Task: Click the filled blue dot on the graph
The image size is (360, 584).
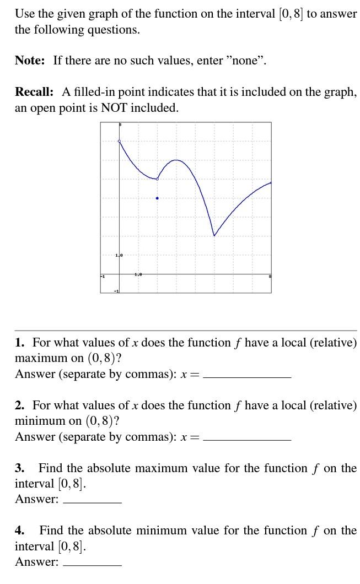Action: point(157,198)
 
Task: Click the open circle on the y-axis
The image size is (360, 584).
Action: point(120,142)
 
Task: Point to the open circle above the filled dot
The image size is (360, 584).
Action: point(157,179)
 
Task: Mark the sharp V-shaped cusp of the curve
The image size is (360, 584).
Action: point(214,236)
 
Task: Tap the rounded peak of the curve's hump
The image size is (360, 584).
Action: point(176,160)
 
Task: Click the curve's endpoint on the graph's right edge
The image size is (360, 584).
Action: point(271,182)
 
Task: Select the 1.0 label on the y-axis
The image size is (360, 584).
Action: point(119,256)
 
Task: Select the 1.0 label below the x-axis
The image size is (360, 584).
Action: point(138,274)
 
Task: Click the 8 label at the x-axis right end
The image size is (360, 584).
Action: point(270,275)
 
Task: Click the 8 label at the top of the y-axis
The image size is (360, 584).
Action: point(121,125)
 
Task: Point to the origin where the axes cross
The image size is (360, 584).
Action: point(120,274)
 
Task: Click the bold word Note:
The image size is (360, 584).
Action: point(30,61)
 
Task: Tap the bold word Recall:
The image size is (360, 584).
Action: point(34,92)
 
